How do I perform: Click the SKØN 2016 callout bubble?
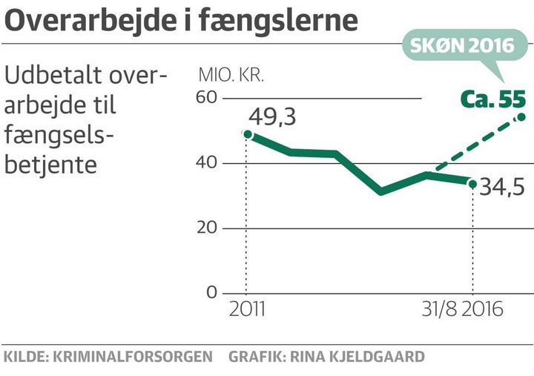click(x=463, y=45)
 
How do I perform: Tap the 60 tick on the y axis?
click(x=207, y=98)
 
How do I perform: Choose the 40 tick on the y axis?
click(x=207, y=163)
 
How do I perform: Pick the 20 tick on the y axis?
click(x=207, y=228)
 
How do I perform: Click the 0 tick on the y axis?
click(x=211, y=293)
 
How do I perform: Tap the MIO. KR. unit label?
click(x=231, y=76)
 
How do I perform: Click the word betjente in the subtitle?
click(x=50, y=163)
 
